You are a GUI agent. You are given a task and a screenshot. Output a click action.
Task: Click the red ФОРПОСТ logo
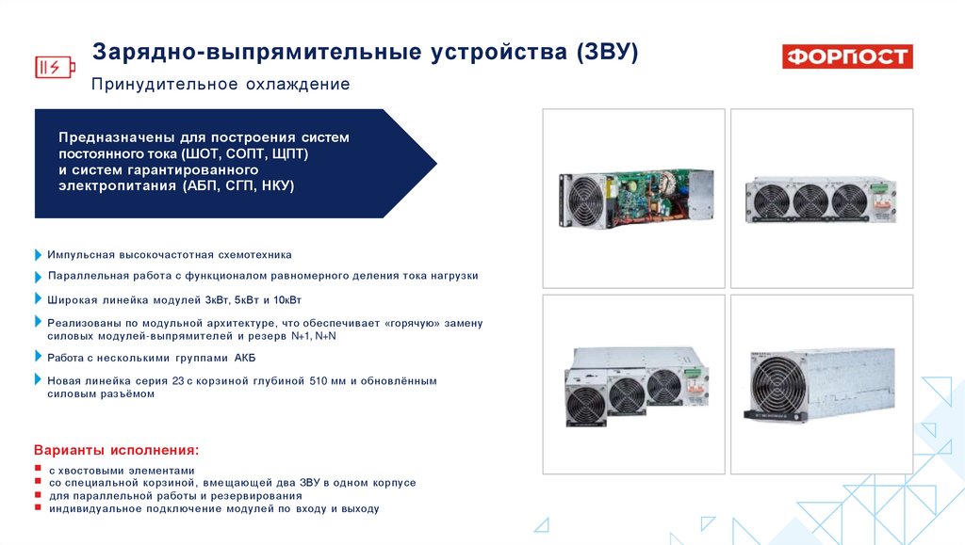point(847,56)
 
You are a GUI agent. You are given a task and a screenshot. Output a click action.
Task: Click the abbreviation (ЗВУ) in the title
point(608,51)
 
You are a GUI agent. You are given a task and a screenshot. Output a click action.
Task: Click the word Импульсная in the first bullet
point(81,255)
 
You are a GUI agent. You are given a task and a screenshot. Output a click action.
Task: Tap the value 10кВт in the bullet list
point(283,300)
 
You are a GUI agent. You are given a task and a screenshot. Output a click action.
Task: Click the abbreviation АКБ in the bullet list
point(244,358)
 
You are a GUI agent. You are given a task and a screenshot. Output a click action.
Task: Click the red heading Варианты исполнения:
point(117,450)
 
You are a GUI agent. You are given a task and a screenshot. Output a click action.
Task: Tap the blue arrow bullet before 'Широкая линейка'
point(38,300)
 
